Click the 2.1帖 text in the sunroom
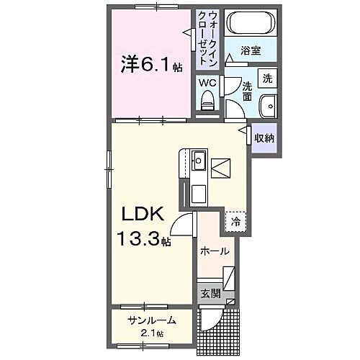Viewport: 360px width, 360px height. (153, 333)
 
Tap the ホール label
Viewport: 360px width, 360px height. (215, 251)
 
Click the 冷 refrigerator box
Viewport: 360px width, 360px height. (235, 221)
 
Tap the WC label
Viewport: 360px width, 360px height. (207, 83)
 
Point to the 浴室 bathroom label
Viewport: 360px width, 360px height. (251, 52)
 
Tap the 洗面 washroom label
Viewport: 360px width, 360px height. (247, 89)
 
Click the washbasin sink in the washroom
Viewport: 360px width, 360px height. (269, 104)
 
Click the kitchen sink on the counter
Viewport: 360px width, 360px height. (199, 159)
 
